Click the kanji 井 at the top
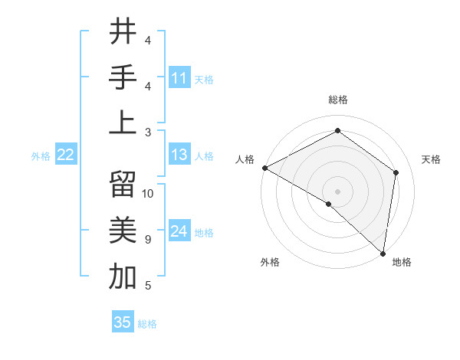click(123, 31)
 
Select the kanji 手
click(123, 76)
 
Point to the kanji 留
click(123, 185)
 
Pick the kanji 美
click(123, 230)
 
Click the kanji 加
click(123, 276)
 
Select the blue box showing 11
click(179, 78)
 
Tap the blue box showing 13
click(179, 155)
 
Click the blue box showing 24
click(179, 231)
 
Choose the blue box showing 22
click(65, 155)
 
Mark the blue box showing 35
click(123, 322)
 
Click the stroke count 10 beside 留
click(149, 194)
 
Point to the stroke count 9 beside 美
click(147, 239)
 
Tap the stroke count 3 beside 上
click(147, 133)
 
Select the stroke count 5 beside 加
click(147, 286)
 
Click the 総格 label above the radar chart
click(337, 100)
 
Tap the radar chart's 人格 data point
click(264, 168)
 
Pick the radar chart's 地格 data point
click(383, 253)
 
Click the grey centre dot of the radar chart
click(337, 191)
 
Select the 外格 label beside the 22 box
click(41, 156)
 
